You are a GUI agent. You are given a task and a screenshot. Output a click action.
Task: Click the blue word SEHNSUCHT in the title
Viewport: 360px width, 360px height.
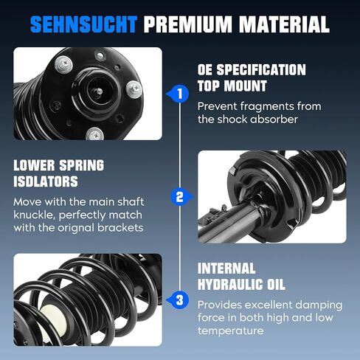click(83, 24)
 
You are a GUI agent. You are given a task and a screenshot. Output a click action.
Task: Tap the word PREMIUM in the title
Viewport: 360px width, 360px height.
click(188, 24)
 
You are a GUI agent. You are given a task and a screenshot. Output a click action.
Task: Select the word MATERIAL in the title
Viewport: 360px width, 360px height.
click(284, 24)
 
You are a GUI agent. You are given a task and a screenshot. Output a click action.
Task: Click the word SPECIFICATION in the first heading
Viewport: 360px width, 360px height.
click(261, 69)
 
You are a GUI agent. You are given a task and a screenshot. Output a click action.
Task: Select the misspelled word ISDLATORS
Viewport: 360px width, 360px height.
click(46, 181)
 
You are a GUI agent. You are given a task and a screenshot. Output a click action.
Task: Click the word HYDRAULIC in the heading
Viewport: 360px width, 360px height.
click(230, 285)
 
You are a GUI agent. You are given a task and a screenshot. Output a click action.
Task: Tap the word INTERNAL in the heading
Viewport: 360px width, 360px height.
click(226, 269)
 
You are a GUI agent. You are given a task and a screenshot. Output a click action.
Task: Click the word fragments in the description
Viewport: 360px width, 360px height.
click(266, 107)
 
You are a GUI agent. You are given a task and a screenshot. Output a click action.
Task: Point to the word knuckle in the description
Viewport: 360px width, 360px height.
click(34, 215)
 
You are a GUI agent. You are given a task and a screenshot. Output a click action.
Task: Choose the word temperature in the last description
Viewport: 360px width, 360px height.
click(230, 330)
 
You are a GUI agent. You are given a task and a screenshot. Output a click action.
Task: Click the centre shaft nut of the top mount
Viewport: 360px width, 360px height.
click(99, 92)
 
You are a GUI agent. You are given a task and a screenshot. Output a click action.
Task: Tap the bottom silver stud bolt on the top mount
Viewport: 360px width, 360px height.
click(94, 134)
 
